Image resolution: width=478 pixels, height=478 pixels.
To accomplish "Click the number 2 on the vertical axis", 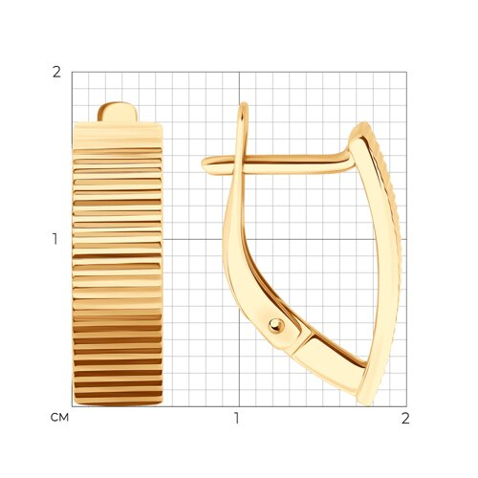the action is pos(56,73).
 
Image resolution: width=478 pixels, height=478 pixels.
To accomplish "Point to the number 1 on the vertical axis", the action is pos(55,239).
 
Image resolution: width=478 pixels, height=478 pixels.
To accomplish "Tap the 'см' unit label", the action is pos(59,417).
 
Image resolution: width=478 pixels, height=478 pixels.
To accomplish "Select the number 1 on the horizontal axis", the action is pos(236,419).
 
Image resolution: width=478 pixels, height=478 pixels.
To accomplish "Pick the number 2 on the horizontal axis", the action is pos(405,419).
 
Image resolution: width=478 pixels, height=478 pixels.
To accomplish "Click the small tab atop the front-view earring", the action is pos(118,112).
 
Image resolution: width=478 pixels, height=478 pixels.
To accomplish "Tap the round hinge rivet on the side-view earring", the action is pos(276,326).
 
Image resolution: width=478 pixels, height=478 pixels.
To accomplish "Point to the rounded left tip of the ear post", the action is pos(204,163).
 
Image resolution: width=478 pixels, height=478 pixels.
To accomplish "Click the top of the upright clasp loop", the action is pos(244,104).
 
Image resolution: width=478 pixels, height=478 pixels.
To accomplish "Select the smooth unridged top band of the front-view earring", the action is pos(118,134).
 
